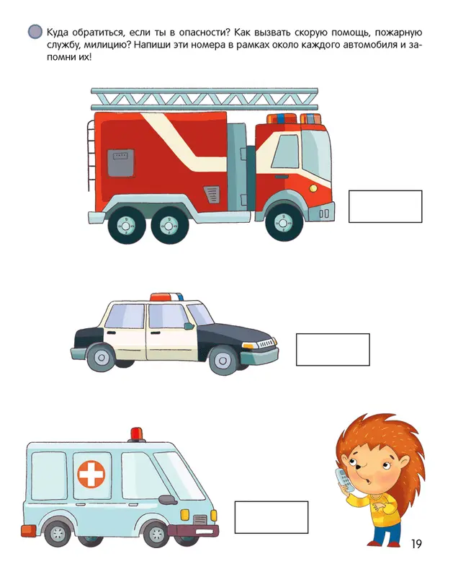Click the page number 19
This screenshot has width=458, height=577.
[416, 544]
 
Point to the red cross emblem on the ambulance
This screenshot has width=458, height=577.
[91, 475]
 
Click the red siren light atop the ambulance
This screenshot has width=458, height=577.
[137, 434]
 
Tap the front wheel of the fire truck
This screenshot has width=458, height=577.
[284, 223]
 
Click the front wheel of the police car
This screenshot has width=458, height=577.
[223, 360]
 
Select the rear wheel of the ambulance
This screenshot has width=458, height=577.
[57, 532]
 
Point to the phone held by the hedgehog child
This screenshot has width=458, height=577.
[343, 480]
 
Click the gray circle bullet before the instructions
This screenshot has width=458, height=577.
[35, 32]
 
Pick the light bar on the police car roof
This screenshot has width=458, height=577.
[166, 297]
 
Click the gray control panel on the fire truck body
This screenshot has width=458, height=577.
[120, 164]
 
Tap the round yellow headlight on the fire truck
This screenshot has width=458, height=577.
[313, 188]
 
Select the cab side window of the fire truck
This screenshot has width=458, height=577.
[285, 151]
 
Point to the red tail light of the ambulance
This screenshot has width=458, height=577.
[28, 531]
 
